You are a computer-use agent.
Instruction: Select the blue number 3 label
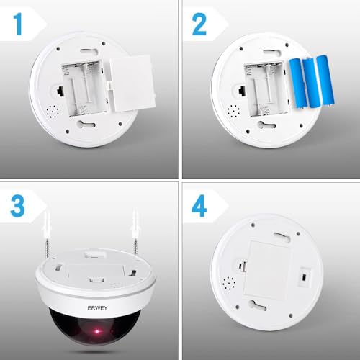pyautogui.click(x=19, y=207)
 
